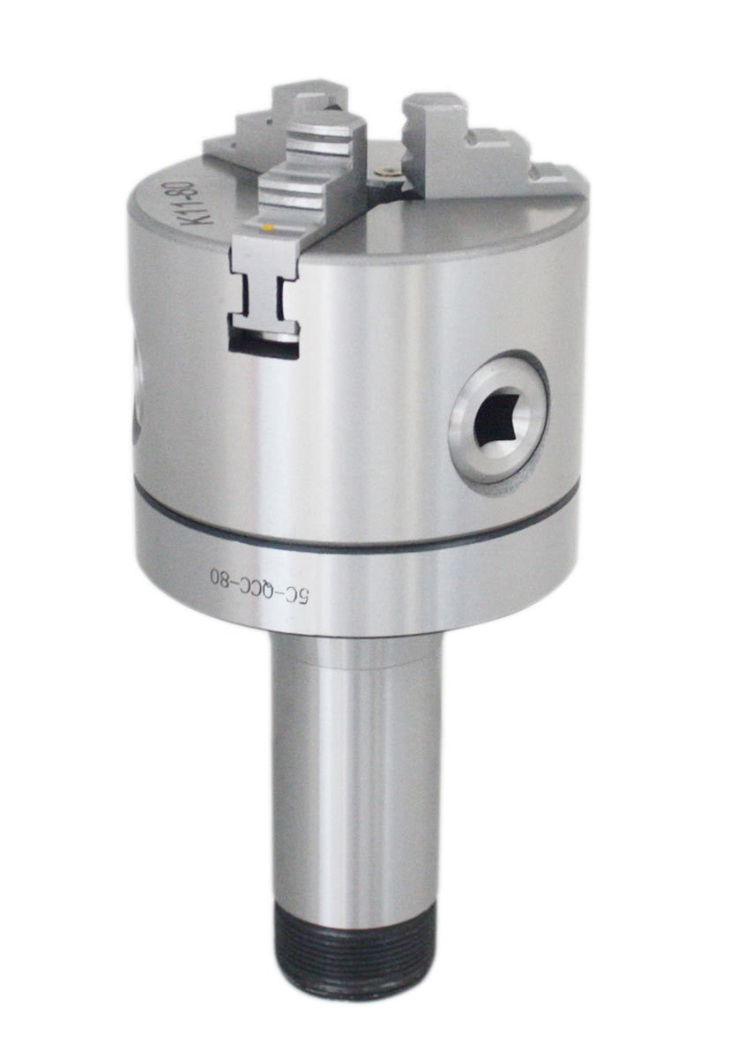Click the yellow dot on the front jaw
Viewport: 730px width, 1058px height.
tap(269, 228)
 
